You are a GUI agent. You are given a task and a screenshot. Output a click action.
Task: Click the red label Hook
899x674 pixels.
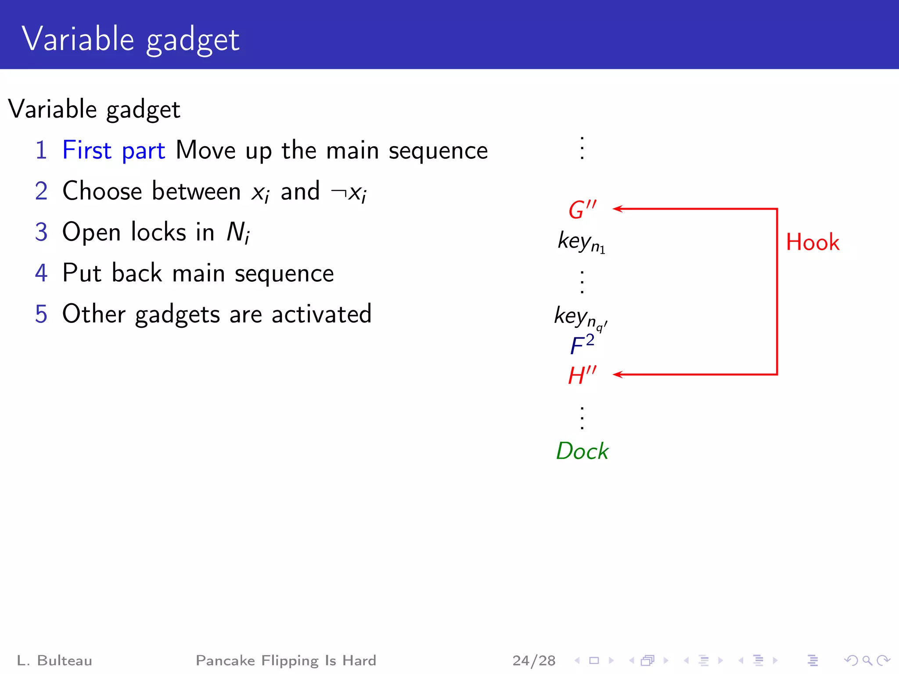point(813,242)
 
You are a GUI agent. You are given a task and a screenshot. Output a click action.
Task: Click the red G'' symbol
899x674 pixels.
point(582,209)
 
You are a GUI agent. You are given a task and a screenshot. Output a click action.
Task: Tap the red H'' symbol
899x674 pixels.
point(582,375)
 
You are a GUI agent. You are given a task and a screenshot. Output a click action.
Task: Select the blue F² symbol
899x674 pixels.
point(582,344)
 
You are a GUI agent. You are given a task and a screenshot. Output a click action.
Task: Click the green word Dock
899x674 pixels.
point(582,451)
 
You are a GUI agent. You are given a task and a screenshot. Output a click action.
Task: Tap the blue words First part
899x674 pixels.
point(114,151)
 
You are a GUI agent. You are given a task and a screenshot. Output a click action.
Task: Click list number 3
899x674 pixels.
point(41,232)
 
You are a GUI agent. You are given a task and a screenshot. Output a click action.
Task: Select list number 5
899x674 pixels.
point(41,314)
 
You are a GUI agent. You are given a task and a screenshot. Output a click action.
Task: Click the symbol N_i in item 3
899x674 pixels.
point(238,232)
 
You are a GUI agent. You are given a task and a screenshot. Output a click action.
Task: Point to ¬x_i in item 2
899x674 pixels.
point(349,192)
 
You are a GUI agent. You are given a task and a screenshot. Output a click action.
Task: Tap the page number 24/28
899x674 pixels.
point(534,660)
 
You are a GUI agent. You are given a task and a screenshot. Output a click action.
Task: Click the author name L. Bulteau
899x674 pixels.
point(54,660)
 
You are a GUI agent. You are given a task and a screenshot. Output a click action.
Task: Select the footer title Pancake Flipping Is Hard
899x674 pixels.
point(286,660)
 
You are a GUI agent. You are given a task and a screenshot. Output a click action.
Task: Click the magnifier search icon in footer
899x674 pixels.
point(867,660)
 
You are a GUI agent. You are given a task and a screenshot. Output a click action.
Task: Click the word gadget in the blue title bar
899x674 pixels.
point(193,40)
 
